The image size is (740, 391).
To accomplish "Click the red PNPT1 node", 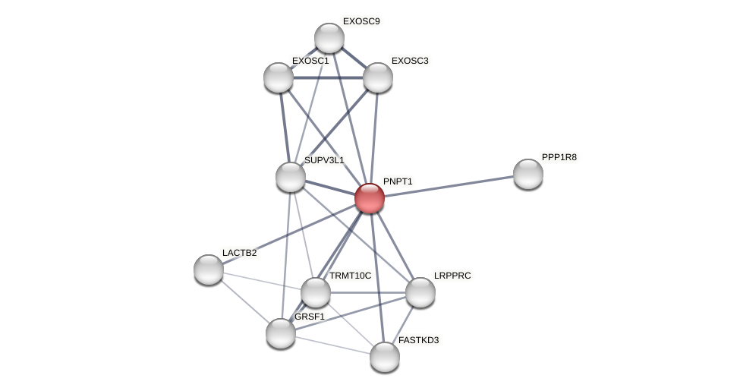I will click(x=370, y=198).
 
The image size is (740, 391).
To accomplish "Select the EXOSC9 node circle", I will click(x=329, y=38).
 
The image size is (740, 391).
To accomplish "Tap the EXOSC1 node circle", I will click(x=279, y=77).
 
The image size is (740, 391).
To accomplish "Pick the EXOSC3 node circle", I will click(x=378, y=77).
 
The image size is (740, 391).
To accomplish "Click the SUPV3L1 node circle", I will click(x=291, y=177).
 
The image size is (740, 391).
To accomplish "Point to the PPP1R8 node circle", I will click(x=528, y=174).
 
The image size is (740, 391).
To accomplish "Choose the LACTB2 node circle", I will click(x=209, y=270).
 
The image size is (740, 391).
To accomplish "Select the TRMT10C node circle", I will click(x=316, y=292).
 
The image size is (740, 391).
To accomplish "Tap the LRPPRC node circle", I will click(x=420, y=292).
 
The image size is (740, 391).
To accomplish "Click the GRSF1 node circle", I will click(x=281, y=333).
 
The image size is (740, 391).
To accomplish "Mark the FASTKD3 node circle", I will click(x=385, y=357).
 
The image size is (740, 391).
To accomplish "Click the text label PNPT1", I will click(x=398, y=181).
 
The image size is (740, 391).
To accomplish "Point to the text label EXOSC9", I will click(x=361, y=21).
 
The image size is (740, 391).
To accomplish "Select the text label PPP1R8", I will click(x=559, y=157).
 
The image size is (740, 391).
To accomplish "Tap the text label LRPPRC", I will click(x=452, y=276).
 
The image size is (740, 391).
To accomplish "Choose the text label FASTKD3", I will click(x=418, y=340).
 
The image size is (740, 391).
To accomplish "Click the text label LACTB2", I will click(x=239, y=253).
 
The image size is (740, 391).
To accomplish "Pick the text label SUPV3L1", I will click(x=324, y=160).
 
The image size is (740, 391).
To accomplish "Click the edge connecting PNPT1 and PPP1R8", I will click(x=448, y=186).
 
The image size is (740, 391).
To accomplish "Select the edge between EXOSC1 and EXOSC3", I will click(x=328, y=77).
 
